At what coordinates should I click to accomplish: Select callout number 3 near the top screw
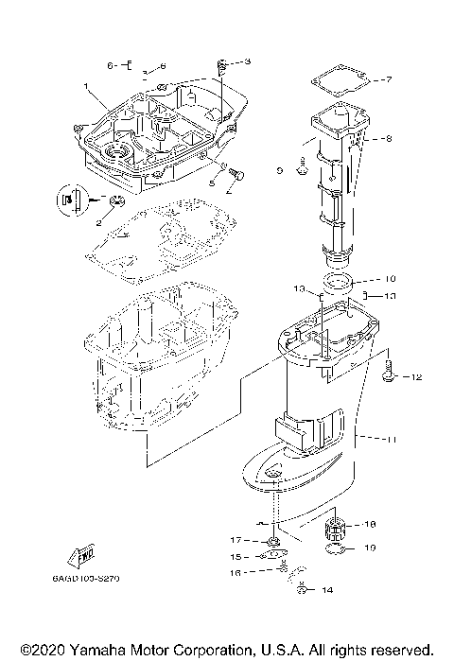[248, 62]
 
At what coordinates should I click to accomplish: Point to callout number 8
[386, 139]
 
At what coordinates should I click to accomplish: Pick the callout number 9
[280, 171]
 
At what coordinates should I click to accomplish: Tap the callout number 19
[371, 548]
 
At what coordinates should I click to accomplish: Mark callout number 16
[237, 573]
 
